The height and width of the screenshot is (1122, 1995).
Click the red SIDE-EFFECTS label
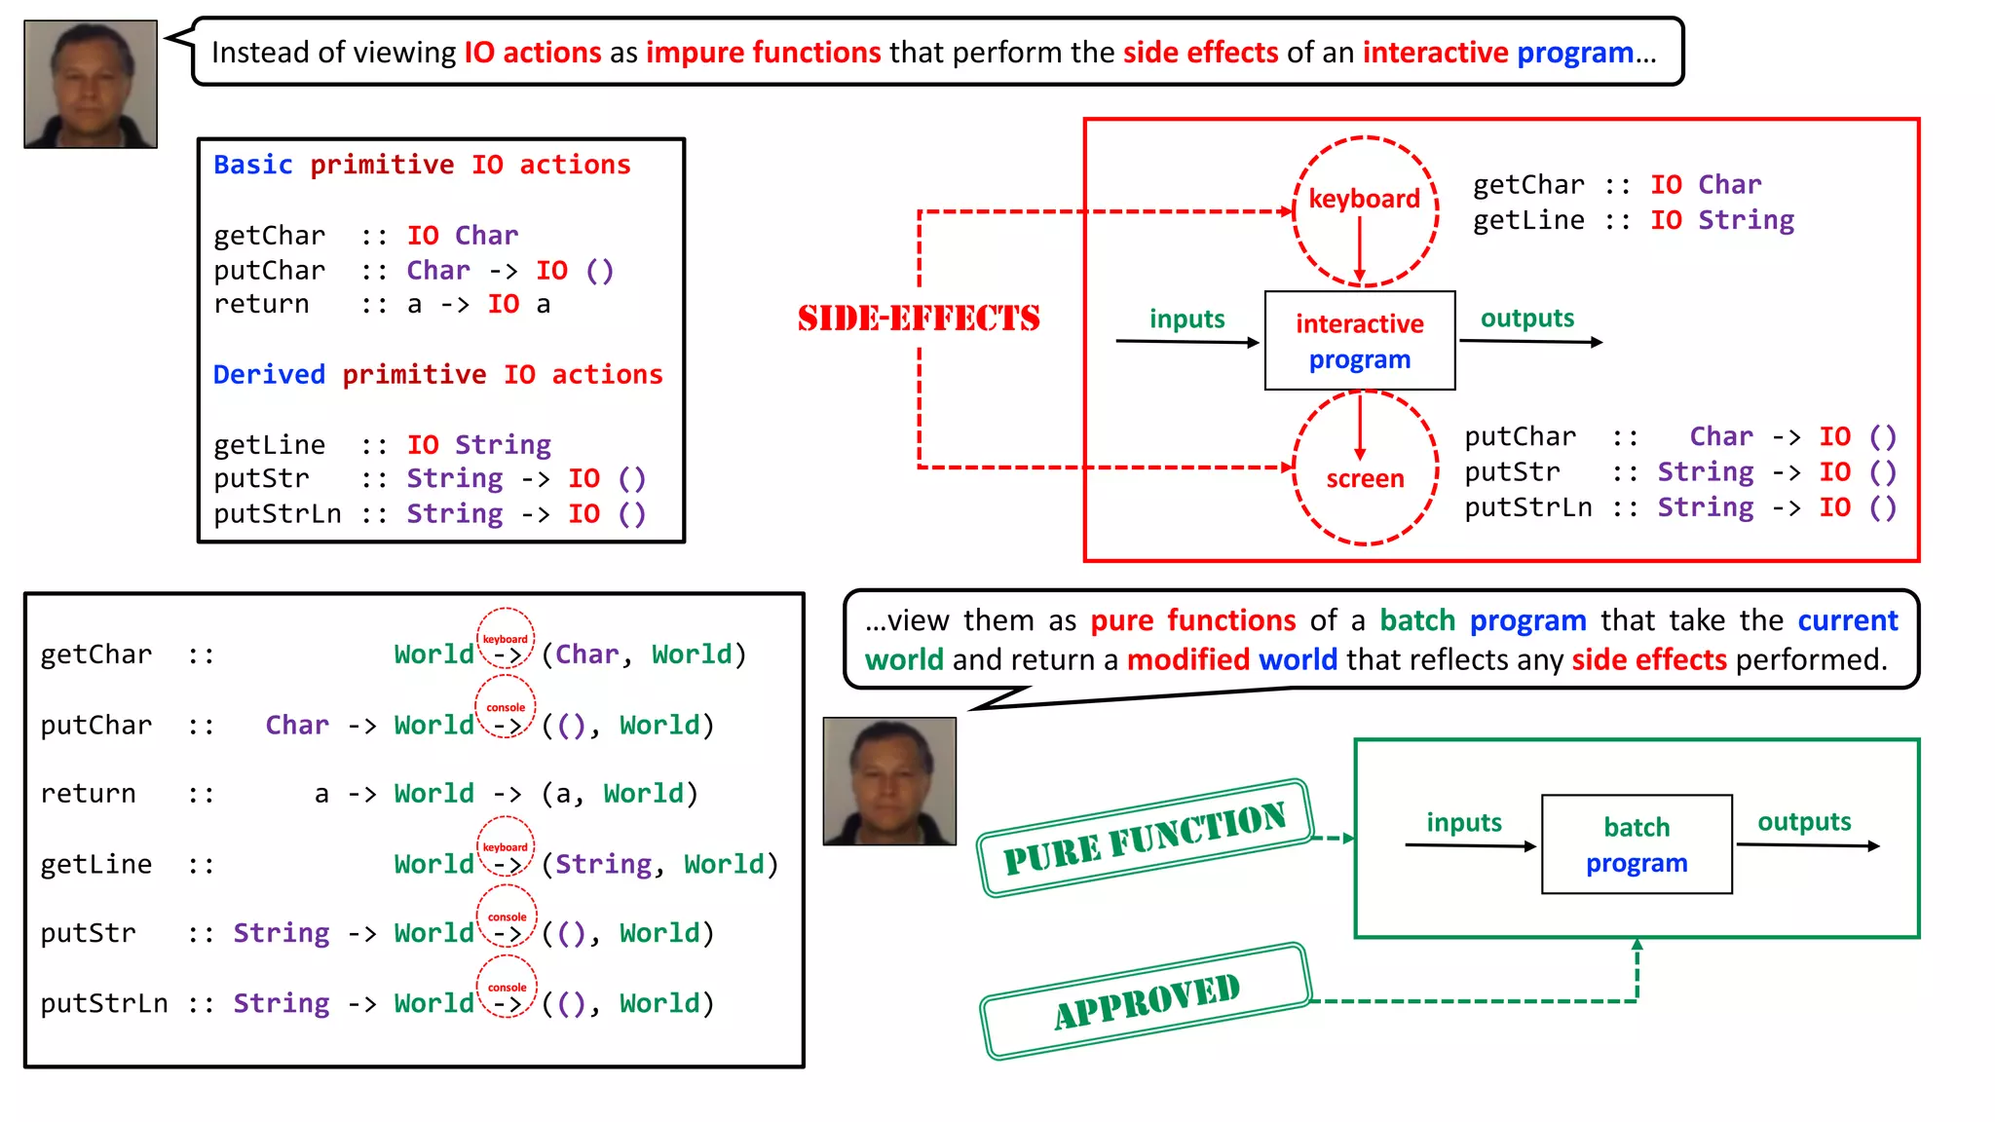point(918,318)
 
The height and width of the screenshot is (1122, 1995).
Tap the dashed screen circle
point(1365,478)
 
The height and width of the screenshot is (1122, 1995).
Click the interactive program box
point(1359,341)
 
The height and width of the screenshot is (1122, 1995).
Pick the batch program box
point(1636,844)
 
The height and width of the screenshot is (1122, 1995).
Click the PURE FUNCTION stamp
point(1145,838)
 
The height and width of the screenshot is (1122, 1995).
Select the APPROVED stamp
point(1146,1000)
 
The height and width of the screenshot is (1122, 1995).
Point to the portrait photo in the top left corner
point(91,84)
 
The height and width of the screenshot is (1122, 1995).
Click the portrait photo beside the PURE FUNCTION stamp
point(888,781)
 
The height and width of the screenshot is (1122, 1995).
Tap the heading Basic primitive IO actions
point(422,165)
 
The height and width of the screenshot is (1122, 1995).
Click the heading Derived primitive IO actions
point(437,374)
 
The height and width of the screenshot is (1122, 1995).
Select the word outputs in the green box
point(1803,822)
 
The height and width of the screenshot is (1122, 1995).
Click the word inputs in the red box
point(1186,318)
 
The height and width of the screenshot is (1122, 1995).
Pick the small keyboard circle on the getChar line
point(505,638)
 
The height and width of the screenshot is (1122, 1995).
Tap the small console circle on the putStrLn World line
point(506,987)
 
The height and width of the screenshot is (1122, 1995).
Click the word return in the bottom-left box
point(88,794)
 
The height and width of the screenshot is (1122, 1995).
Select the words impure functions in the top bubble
point(763,52)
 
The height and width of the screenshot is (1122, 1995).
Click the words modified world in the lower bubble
point(1231,659)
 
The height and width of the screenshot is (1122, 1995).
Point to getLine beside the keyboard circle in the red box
point(1527,220)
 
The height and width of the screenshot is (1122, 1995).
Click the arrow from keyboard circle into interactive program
point(1360,249)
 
